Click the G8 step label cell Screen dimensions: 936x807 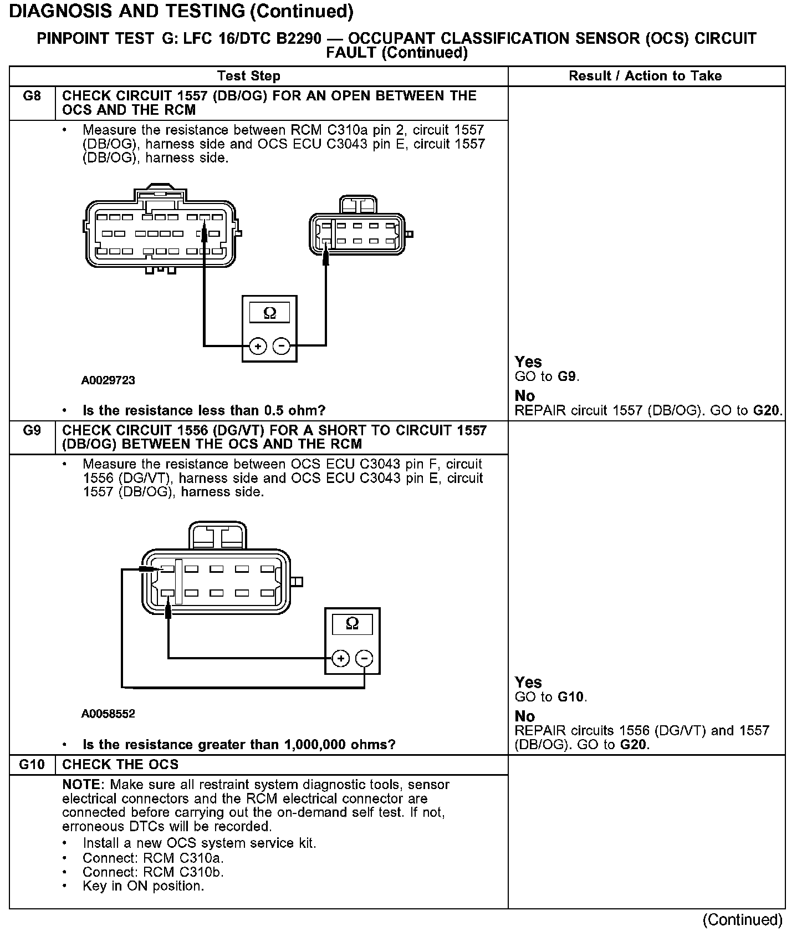coord(32,96)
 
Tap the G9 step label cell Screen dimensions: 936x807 coord(32,431)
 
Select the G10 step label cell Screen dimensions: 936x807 coord(32,765)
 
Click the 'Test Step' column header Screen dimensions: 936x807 coord(249,76)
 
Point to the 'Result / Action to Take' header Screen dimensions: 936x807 coord(645,76)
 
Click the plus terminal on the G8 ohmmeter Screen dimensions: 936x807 coord(258,347)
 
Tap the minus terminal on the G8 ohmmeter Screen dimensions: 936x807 coord(282,347)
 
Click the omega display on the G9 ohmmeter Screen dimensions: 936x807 coord(352,624)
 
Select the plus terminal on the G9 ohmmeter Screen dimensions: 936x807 coord(340,659)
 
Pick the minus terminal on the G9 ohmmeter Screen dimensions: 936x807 coord(364,659)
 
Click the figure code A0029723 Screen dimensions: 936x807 coord(108,380)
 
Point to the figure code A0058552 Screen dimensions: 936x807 coord(108,714)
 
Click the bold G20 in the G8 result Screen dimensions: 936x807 coord(767,411)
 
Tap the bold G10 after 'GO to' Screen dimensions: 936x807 coord(571,697)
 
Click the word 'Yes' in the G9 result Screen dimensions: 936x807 coord(528,682)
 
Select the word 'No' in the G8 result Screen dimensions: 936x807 coord(524,396)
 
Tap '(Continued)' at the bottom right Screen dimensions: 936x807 coord(742,920)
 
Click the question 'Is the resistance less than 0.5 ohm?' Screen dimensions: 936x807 coord(204,411)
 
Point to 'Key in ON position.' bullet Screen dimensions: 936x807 coord(143,886)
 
